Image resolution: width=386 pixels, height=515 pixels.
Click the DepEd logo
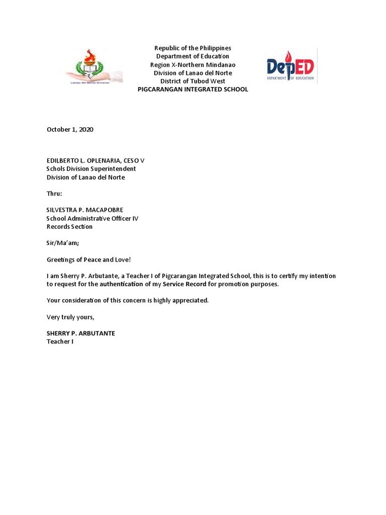[290, 66]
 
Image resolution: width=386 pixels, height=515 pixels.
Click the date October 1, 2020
[70, 129]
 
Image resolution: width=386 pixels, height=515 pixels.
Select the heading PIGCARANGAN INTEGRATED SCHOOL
[193, 89]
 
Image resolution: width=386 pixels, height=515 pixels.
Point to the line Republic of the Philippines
[192, 48]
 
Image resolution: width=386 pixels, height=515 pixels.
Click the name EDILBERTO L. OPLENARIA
[82, 160]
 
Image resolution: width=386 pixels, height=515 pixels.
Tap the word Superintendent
[113, 169]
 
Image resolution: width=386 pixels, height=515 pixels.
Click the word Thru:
[54, 193]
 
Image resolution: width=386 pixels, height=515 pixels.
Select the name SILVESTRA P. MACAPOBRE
[85, 210]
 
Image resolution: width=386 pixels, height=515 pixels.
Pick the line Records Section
[70, 226]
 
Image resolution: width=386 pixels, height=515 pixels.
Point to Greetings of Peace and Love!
[88, 260]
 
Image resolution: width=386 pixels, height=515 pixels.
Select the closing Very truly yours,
[70, 317]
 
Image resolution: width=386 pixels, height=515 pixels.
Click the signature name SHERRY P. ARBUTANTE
[81, 333]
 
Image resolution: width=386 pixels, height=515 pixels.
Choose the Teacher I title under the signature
[60, 341]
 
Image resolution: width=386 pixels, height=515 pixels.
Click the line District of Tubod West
[192, 81]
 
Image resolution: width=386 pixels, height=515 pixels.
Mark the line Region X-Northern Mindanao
[192, 64]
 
